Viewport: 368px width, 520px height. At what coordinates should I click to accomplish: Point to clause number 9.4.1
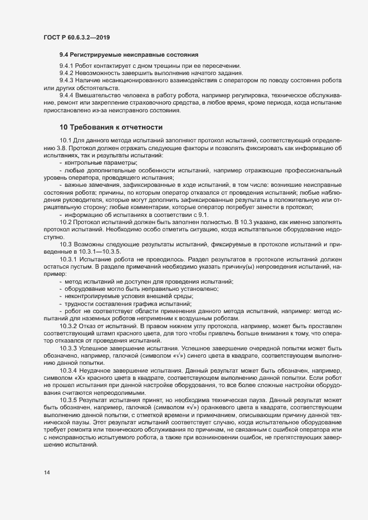[x=67, y=66]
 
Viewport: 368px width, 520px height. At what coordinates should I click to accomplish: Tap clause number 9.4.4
[x=67, y=96]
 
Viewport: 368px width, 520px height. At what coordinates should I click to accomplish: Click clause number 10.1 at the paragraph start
[x=65, y=140]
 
